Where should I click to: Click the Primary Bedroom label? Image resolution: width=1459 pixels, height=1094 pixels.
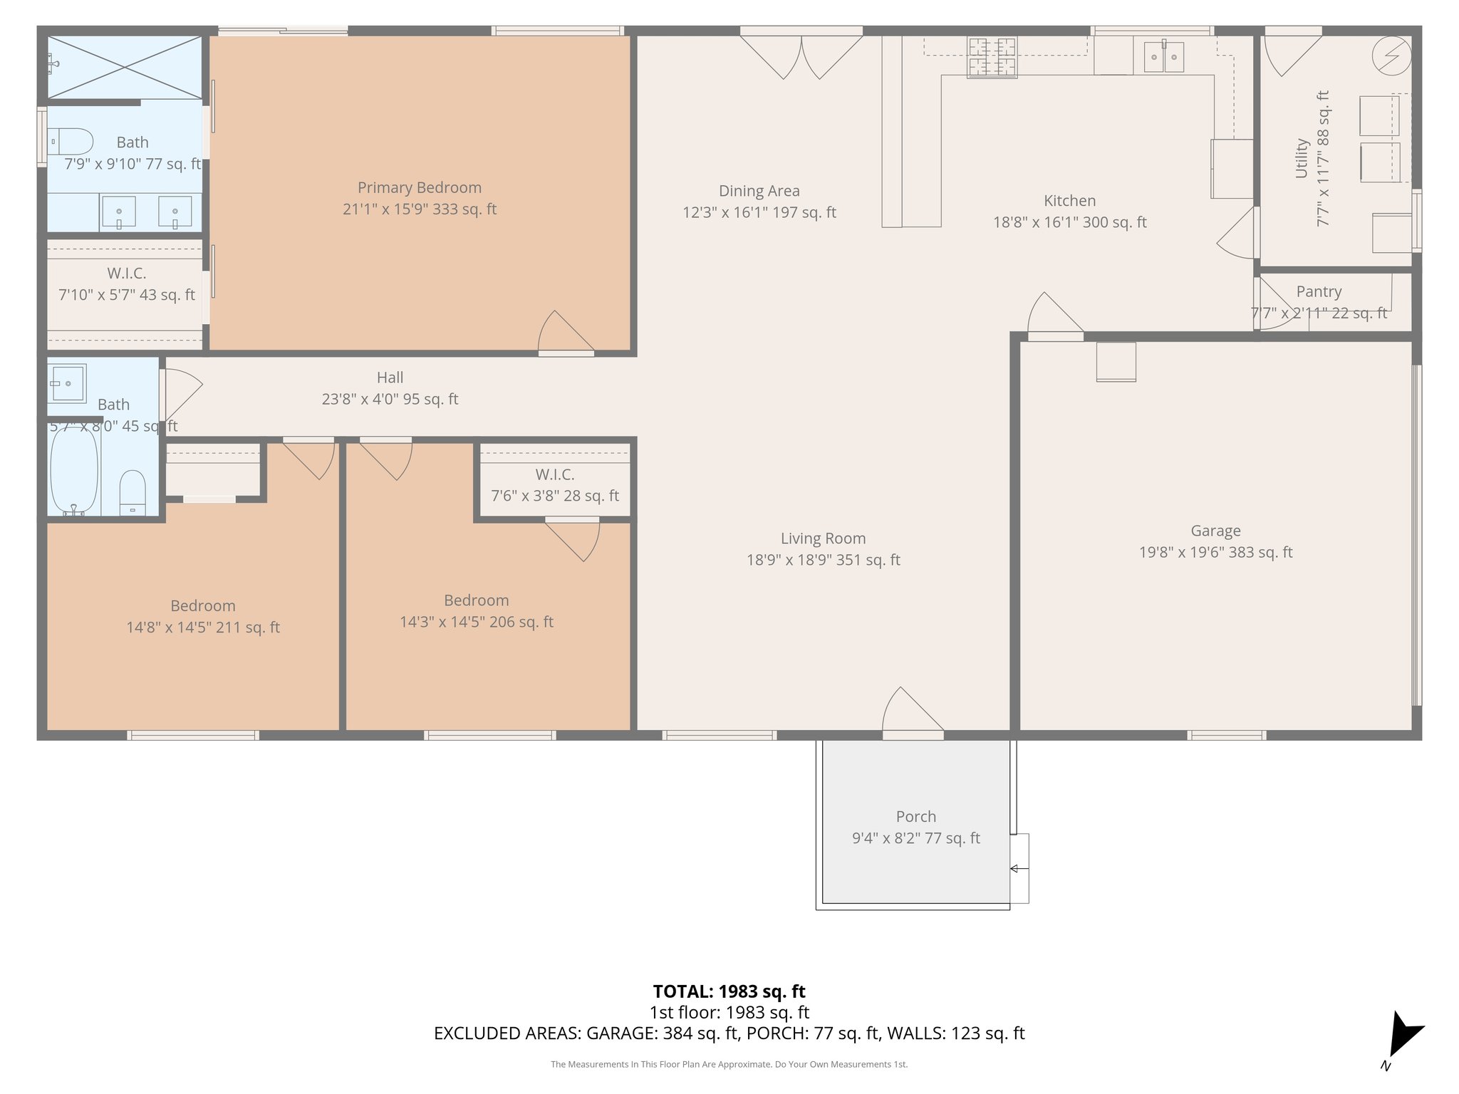[419, 188]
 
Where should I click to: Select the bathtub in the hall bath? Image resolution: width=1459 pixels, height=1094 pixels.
[73, 470]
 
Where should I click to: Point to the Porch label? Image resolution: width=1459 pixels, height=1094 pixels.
[915, 817]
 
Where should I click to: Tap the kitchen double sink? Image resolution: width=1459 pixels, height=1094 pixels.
[1163, 57]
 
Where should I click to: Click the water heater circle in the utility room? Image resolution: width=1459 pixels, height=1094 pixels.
[1391, 56]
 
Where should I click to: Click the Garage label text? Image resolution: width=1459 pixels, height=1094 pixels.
[1215, 531]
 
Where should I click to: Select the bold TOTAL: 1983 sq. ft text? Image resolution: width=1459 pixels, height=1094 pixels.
[729, 991]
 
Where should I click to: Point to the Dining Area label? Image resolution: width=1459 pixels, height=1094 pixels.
[759, 191]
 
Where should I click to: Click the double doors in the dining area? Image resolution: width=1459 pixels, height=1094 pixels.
[801, 57]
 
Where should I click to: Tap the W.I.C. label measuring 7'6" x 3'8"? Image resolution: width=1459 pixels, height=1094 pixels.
[554, 474]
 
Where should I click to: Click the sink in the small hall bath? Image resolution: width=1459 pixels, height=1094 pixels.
[66, 384]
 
